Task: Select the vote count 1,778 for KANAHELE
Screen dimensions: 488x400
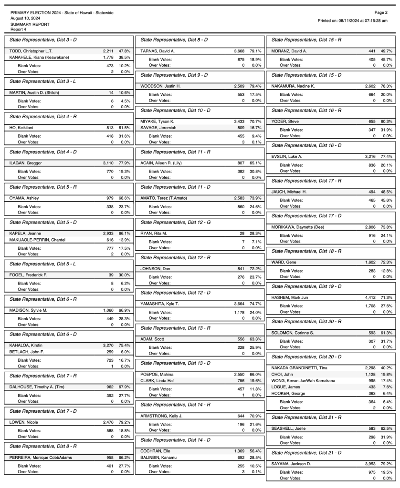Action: [107, 57]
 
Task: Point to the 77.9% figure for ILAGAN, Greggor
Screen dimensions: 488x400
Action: [125, 163]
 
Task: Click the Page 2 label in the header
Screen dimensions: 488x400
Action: [381, 12]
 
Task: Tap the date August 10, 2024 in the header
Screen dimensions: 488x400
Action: [25, 18]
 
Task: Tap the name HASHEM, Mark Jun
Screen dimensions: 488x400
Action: [291, 297]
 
